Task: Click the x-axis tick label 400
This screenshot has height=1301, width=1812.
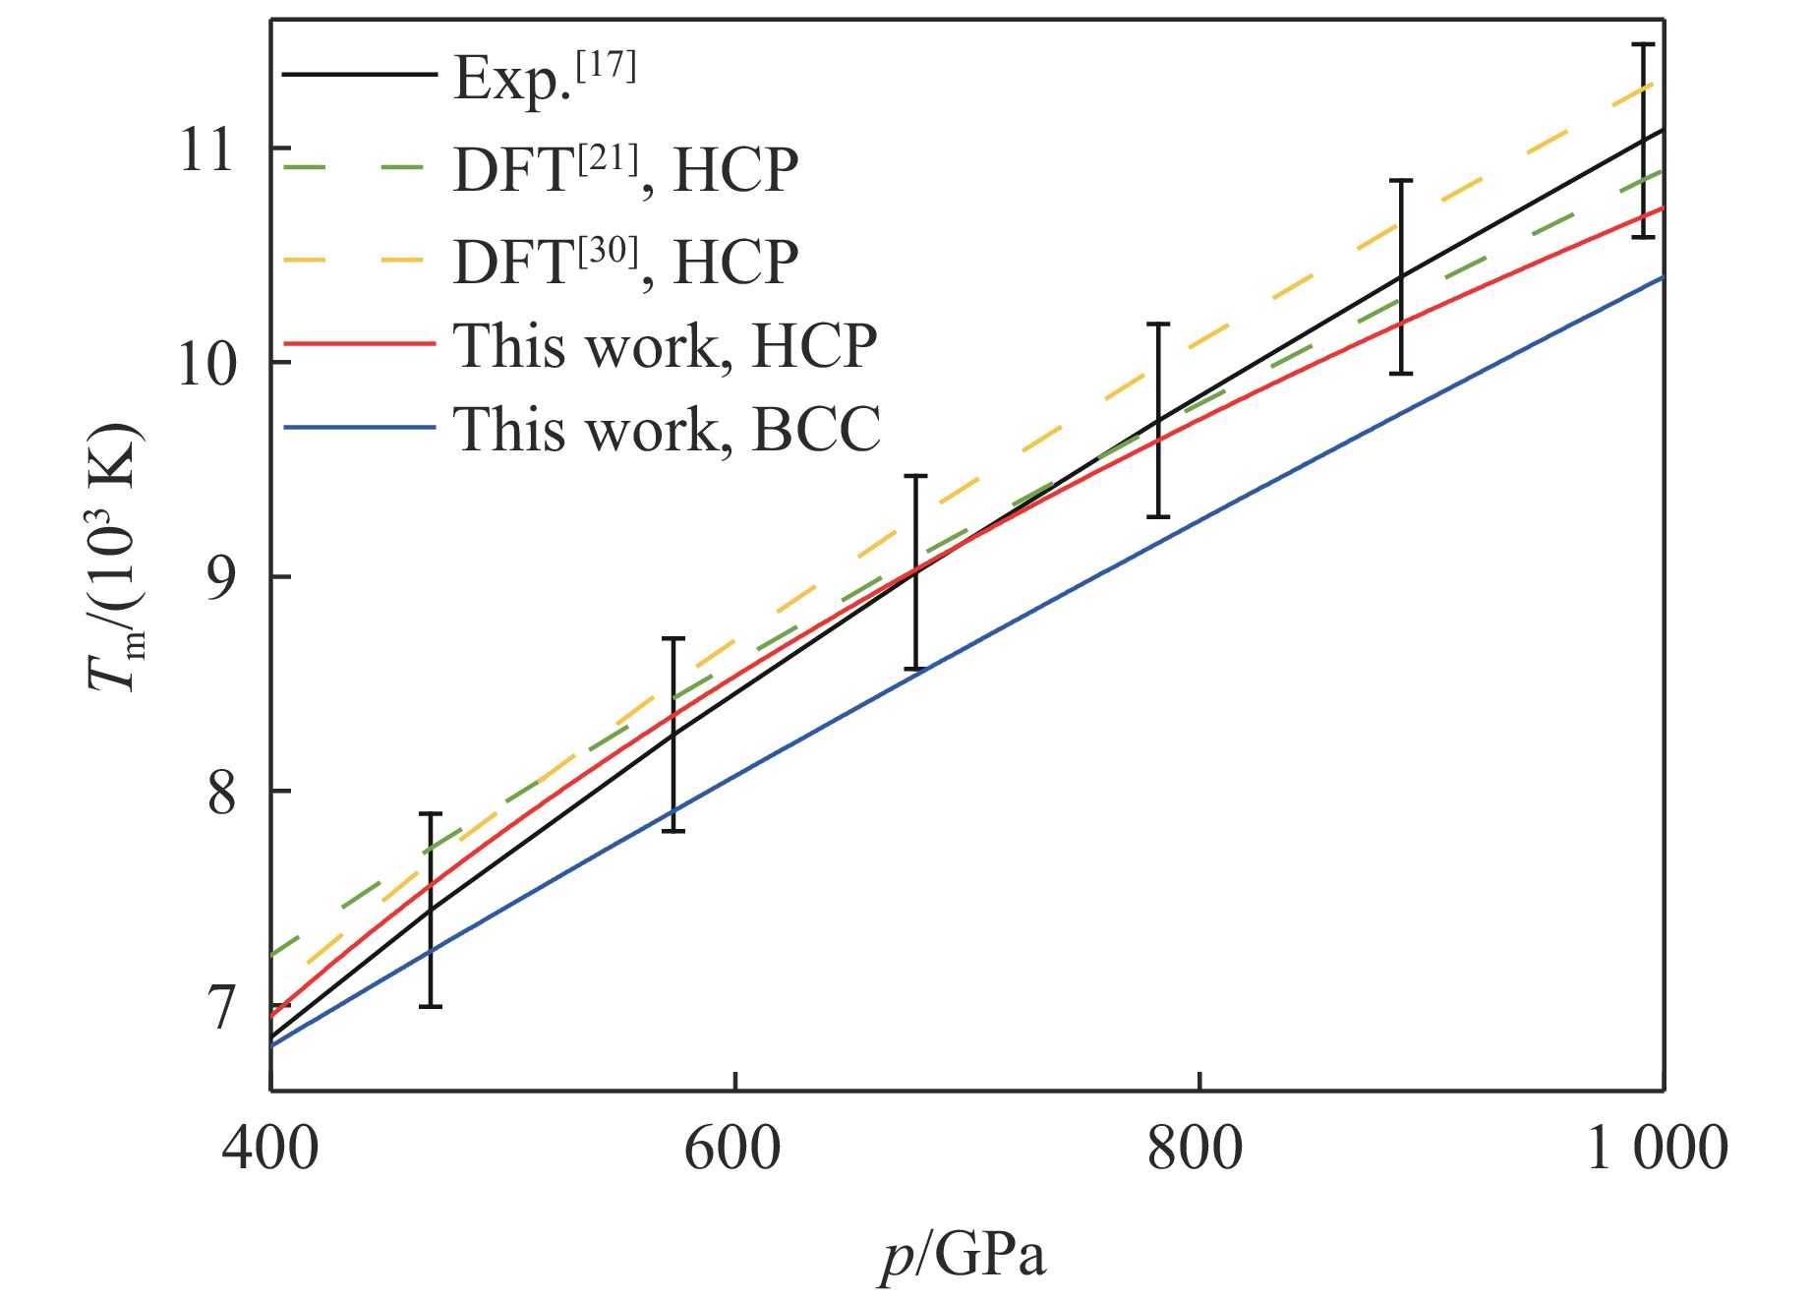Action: pos(270,1147)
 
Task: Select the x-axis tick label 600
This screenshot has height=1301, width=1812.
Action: pos(733,1147)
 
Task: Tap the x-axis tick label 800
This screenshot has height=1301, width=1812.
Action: pos(1196,1147)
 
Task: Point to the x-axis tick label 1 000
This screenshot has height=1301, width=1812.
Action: pos(1658,1147)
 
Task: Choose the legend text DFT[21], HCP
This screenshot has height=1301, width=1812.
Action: pos(625,169)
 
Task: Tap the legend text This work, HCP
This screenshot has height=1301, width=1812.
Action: pos(665,345)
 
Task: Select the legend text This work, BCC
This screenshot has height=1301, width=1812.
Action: pos(667,429)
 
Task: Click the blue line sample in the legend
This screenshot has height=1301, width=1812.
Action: pos(359,428)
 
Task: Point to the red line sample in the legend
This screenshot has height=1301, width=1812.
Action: pos(359,344)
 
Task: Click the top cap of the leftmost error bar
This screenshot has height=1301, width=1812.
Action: pos(431,814)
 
